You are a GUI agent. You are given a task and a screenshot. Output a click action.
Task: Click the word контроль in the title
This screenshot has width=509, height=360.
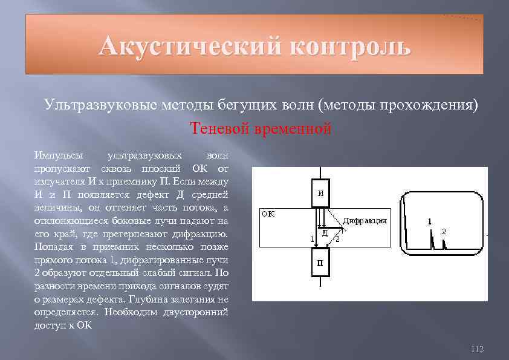tap(350, 45)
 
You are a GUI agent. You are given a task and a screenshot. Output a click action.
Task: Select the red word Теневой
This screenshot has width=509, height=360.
tap(219, 129)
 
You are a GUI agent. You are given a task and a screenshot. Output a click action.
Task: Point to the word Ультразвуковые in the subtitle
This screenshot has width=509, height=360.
tap(100, 105)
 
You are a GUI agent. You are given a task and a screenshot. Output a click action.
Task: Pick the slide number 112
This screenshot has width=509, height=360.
tap(477, 349)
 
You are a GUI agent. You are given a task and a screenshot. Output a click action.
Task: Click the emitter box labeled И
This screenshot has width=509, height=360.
tap(321, 193)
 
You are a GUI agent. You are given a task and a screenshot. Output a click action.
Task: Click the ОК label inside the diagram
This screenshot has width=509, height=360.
tap(268, 214)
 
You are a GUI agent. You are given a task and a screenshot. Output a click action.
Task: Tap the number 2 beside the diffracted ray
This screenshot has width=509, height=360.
tap(337, 240)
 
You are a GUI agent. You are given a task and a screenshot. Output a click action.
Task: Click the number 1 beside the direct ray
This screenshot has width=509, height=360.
tap(313, 240)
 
